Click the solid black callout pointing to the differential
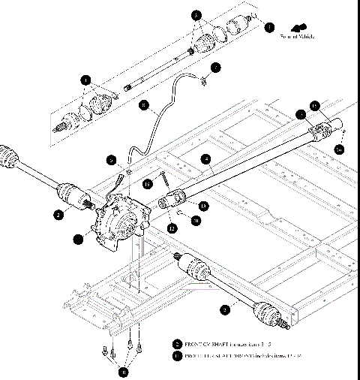78,240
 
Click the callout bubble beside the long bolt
148,183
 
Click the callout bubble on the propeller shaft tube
205,158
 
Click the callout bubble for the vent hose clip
215,68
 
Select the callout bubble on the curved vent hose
145,106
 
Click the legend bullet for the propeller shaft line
176,354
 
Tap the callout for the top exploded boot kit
196,15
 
